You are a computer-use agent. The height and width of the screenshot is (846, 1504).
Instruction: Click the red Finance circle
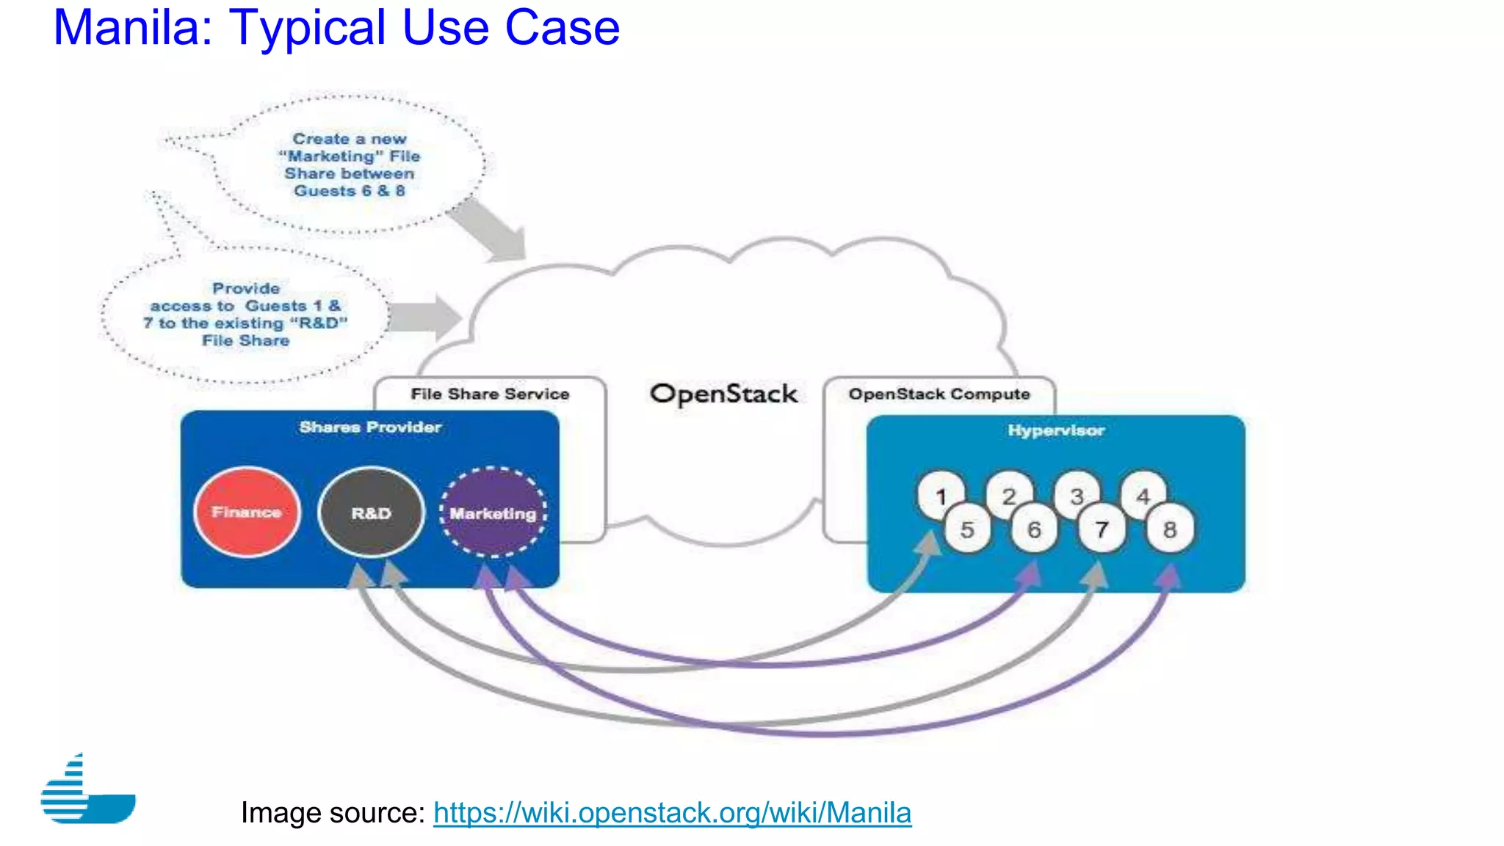click(x=247, y=512)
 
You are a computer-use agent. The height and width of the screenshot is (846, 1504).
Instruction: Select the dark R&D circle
click(x=371, y=513)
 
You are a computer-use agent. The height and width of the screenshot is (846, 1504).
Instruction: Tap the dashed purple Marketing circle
click(x=493, y=513)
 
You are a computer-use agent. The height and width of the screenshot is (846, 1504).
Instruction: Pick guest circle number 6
click(x=1034, y=529)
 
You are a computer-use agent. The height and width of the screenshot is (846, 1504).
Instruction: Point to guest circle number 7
click(x=1102, y=529)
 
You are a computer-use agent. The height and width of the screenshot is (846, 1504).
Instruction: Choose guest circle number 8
click(x=1170, y=529)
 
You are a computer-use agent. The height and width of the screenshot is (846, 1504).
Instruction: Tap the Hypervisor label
click(x=1055, y=430)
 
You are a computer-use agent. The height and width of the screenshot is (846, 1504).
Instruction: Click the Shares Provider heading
click(x=370, y=427)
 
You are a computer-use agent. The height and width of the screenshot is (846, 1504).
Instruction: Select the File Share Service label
click(x=490, y=394)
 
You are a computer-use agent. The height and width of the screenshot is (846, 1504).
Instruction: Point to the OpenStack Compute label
click(x=939, y=394)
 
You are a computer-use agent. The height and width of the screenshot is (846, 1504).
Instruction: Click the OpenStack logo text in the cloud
click(x=723, y=394)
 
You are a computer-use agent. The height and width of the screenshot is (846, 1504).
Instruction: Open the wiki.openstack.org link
click(x=672, y=812)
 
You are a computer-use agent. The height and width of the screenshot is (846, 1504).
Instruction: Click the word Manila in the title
click(x=132, y=28)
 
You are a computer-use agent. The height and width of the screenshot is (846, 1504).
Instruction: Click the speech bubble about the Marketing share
click(x=349, y=164)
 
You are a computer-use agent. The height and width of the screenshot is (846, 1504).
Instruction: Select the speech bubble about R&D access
click(x=245, y=314)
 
